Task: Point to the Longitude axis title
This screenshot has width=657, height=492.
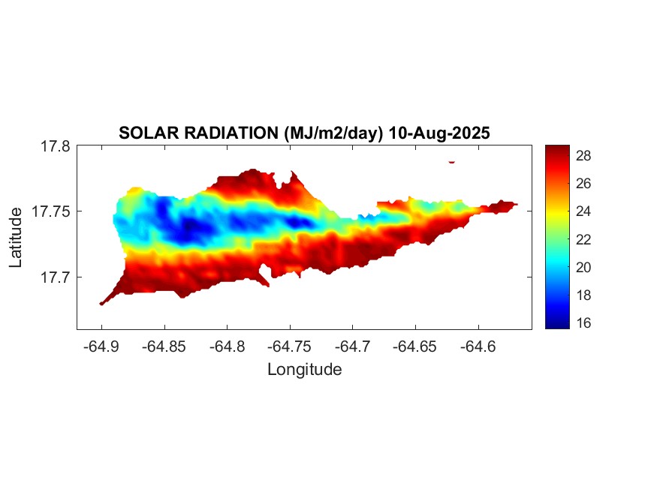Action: click(x=305, y=369)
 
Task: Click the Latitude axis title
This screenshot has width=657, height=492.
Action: click(x=16, y=238)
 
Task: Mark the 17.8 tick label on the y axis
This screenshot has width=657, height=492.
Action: click(x=56, y=146)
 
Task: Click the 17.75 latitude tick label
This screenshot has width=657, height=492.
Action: click(x=52, y=211)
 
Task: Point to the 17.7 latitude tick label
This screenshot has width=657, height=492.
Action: click(x=56, y=277)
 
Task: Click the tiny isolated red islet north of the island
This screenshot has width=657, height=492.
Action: click(x=451, y=161)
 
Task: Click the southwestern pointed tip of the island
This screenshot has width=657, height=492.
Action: click(x=102, y=303)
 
